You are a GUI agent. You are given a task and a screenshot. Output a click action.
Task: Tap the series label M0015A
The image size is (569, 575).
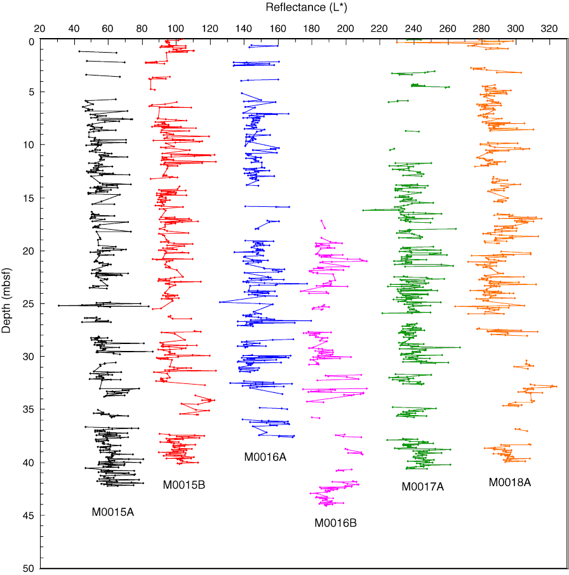(x=114, y=512)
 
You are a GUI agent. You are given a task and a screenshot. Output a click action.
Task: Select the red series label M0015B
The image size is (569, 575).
(x=184, y=486)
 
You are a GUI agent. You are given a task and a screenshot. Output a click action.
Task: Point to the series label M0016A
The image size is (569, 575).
(x=265, y=457)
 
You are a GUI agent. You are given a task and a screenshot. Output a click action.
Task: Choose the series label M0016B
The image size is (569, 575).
(x=336, y=523)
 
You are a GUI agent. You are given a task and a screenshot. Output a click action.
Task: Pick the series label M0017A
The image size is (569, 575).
(x=422, y=487)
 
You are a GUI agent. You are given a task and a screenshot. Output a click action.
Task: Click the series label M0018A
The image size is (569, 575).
(x=509, y=482)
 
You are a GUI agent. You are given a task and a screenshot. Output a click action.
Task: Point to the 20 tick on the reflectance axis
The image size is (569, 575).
(x=39, y=29)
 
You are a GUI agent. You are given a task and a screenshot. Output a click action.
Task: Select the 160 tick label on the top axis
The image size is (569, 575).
(x=278, y=29)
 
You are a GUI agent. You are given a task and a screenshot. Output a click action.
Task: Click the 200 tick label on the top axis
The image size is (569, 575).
(x=345, y=29)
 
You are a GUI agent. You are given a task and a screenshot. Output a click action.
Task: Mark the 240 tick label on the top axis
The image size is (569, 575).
(x=413, y=29)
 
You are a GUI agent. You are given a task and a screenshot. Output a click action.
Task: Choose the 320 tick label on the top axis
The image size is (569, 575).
(x=549, y=29)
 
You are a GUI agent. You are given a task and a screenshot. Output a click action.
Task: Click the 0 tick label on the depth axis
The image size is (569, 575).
(x=30, y=40)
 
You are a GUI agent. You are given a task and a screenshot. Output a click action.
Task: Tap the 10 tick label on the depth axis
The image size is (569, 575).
(x=28, y=145)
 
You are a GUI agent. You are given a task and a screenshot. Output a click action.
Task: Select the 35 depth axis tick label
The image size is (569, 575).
(x=28, y=409)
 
